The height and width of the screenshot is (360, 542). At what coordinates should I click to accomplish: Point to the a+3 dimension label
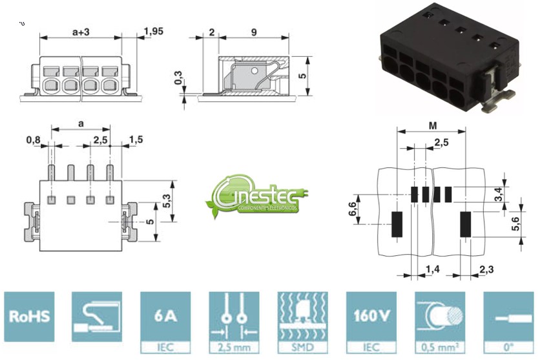click(x=81, y=30)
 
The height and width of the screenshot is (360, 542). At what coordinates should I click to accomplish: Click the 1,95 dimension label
click(x=153, y=30)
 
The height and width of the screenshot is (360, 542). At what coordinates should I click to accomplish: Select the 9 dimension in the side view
click(x=255, y=30)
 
